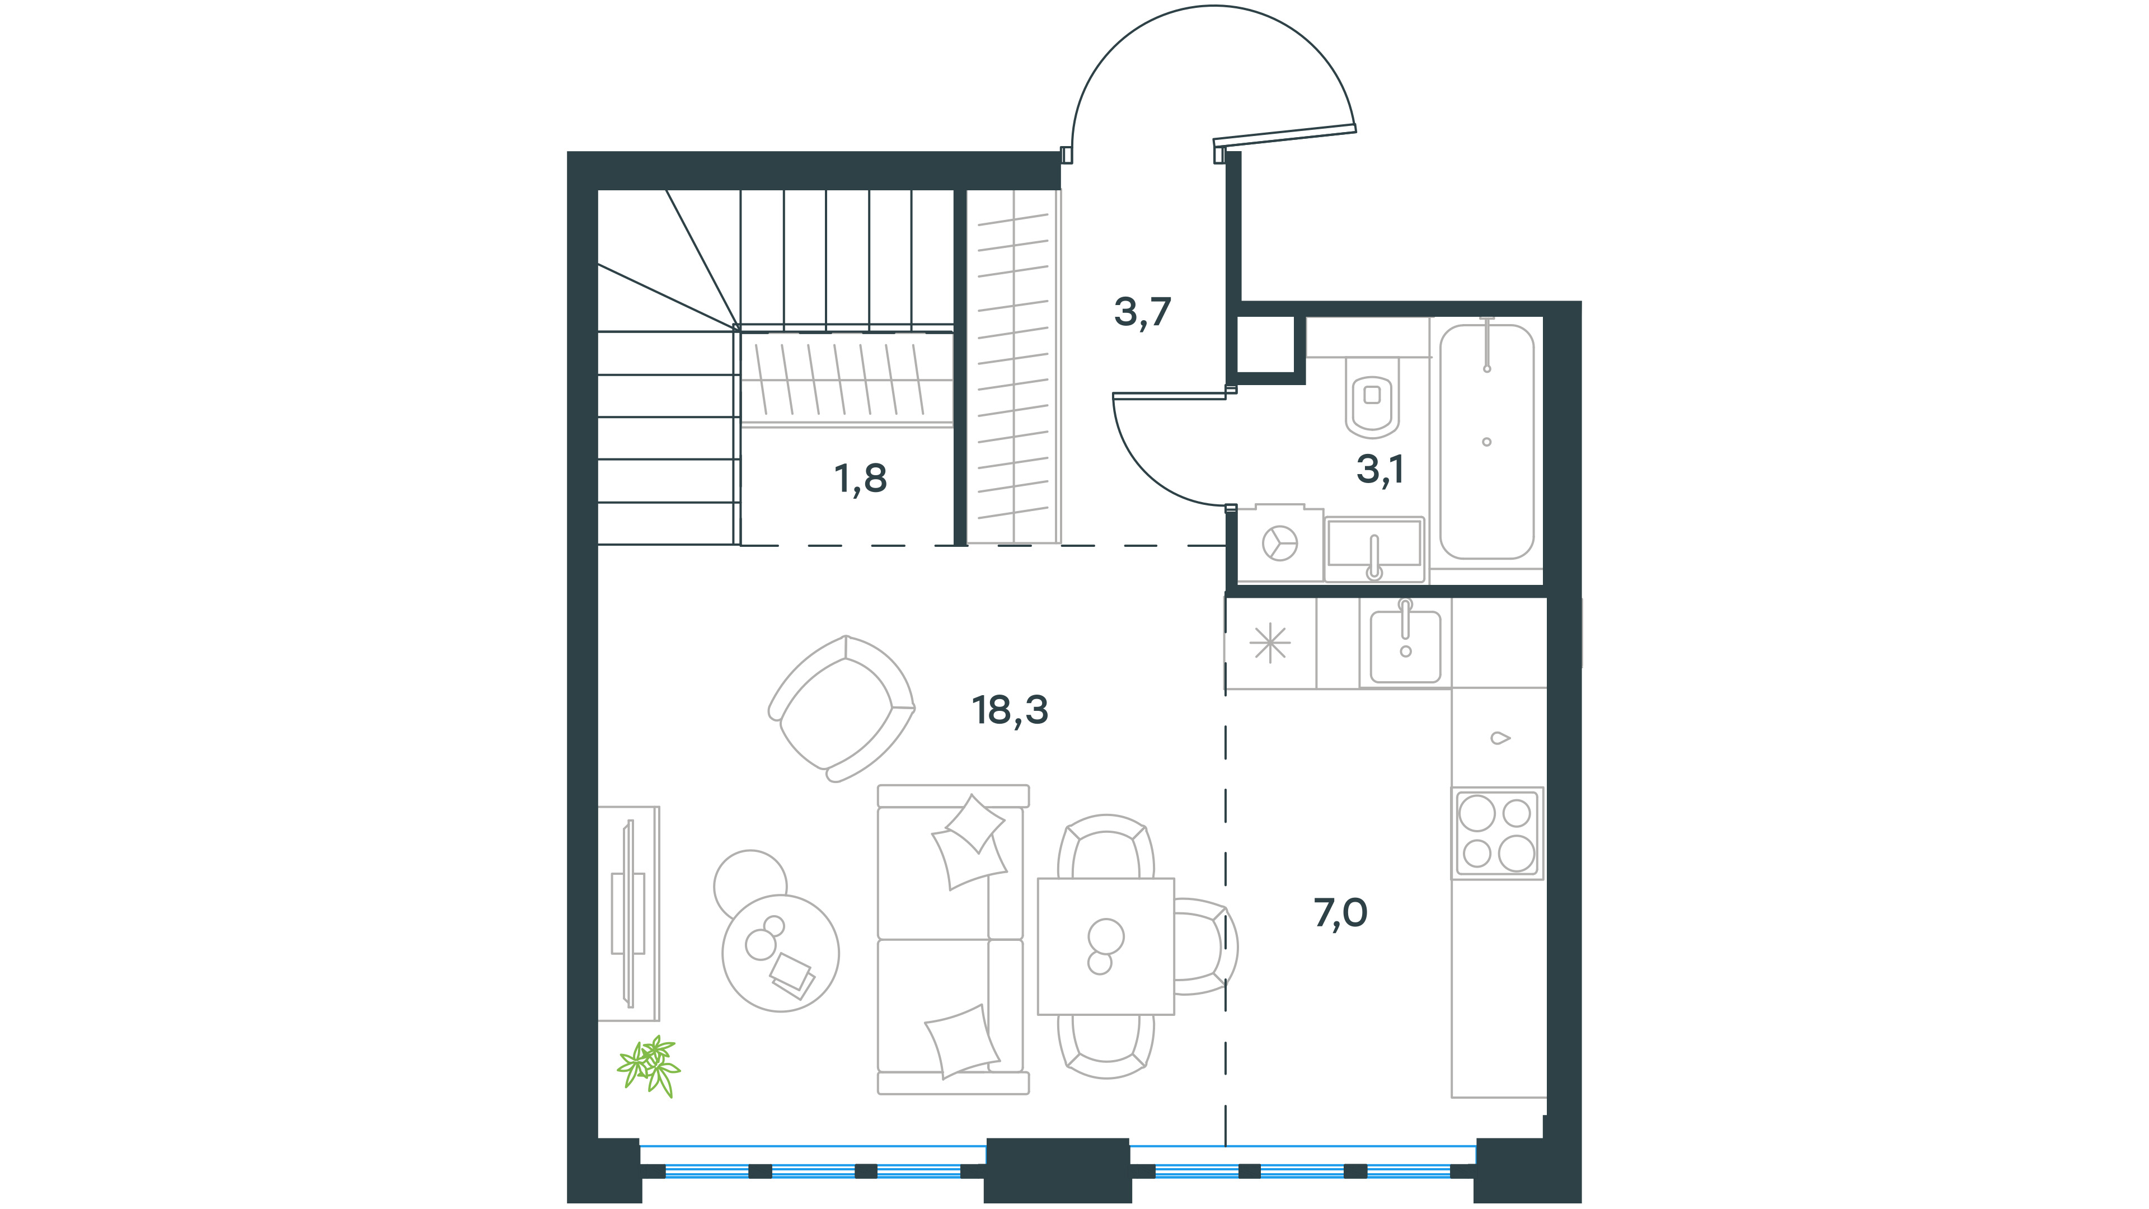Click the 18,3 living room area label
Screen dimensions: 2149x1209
pyautogui.click(x=1010, y=710)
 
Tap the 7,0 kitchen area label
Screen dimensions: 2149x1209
pyautogui.click(x=1341, y=913)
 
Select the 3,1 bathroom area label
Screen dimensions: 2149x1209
pyautogui.click(x=1381, y=470)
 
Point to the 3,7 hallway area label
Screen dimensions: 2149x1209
pyautogui.click(x=1143, y=312)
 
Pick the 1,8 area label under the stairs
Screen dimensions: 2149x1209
pyautogui.click(x=860, y=478)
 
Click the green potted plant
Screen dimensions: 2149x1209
pyautogui.click(x=649, y=1066)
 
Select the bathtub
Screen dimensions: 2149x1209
pyautogui.click(x=1486, y=442)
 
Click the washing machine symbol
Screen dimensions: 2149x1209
pyautogui.click(x=1280, y=543)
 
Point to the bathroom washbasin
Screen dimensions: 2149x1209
pyautogui.click(x=1374, y=548)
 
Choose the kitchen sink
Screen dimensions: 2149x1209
pyautogui.click(x=1406, y=643)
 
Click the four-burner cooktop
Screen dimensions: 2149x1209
pyautogui.click(x=1498, y=833)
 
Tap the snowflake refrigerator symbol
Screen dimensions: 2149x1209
pyautogui.click(x=1270, y=643)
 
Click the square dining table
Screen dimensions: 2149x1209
pyautogui.click(x=1105, y=946)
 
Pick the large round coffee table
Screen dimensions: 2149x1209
pyautogui.click(x=781, y=954)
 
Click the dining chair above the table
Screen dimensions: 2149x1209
pyautogui.click(x=1105, y=847)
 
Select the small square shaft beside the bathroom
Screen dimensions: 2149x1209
pyautogui.click(x=1265, y=345)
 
